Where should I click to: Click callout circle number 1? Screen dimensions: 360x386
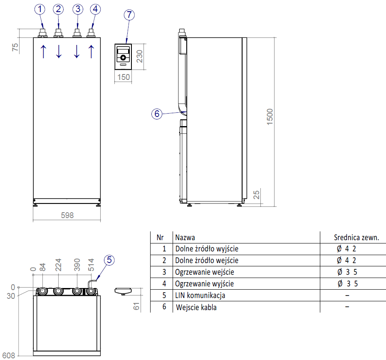[x=40, y=9]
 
